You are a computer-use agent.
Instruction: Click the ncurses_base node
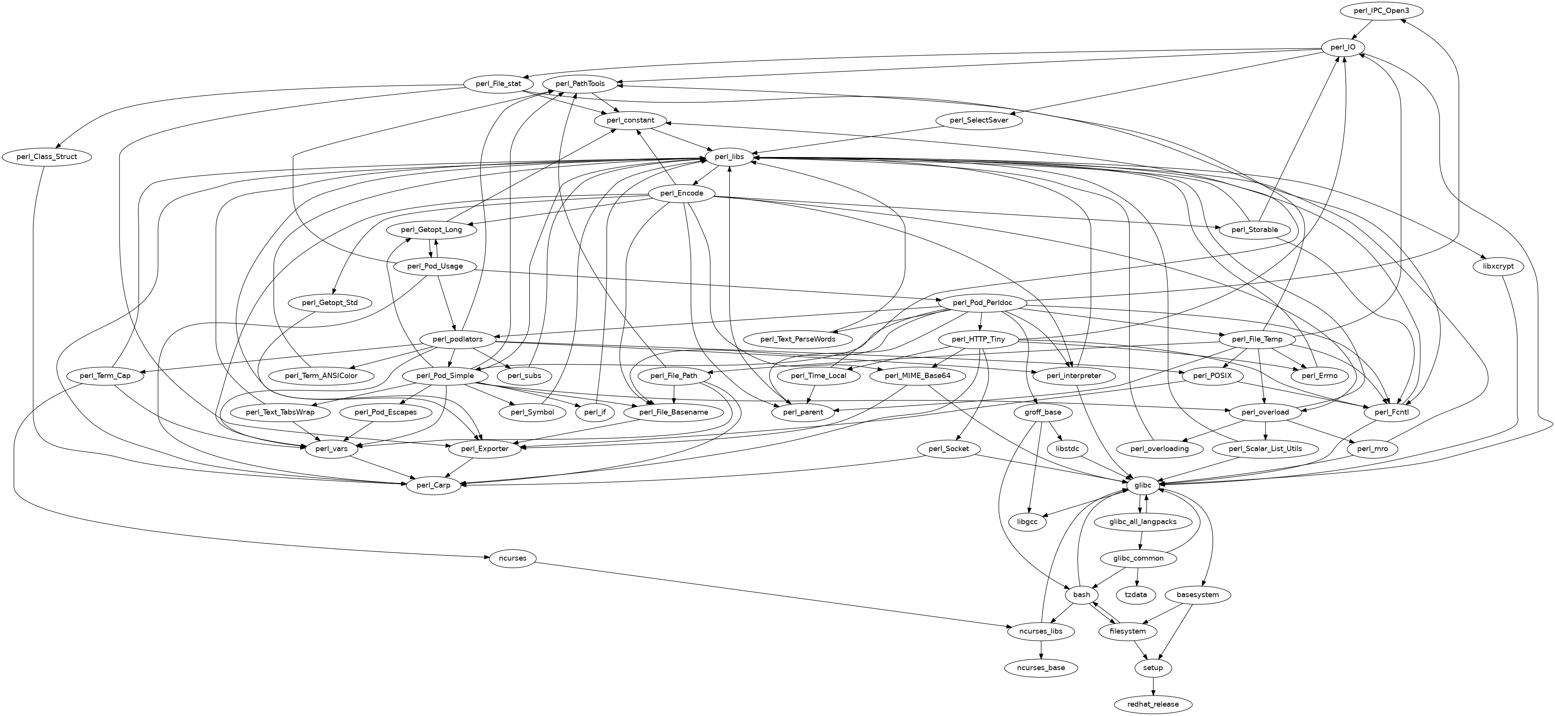[1041, 668]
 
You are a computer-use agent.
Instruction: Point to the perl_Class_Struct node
[47, 157]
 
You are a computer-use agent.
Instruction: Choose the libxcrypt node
[1501, 266]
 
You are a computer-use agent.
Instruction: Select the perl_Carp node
[434, 485]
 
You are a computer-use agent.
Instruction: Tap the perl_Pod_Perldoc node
[982, 302]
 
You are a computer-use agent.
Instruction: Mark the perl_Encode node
[681, 194]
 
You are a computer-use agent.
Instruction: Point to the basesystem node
[1198, 595]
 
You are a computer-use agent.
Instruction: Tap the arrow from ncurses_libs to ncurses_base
[1041, 650]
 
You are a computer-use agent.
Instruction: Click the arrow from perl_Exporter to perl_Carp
[462, 467]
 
